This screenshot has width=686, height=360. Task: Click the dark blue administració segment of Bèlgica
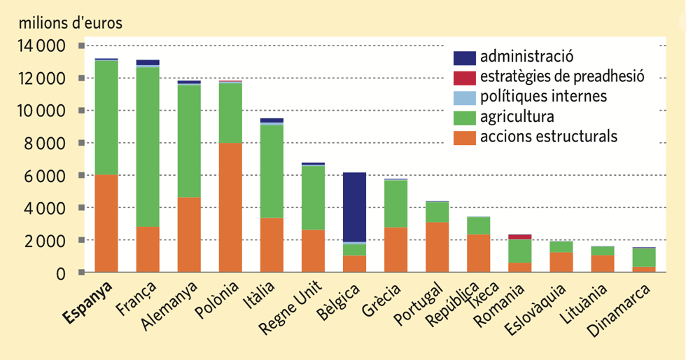354,207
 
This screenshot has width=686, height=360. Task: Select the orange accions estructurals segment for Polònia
230,207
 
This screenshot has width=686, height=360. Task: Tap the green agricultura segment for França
148,146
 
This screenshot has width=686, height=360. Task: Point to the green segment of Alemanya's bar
189,141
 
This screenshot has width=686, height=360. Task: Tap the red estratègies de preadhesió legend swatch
464,77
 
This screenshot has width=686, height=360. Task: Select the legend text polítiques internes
544,96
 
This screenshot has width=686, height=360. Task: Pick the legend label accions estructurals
549,136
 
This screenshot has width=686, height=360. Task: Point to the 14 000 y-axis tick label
40,46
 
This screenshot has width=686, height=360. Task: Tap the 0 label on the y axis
62,272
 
